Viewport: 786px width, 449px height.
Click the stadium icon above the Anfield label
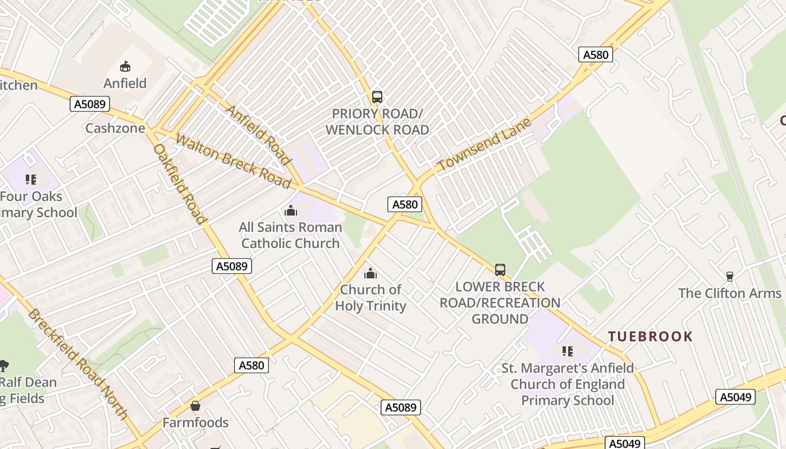(125, 66)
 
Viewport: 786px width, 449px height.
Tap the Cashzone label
(115, 128)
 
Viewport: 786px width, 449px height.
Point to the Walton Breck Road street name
(234, 161)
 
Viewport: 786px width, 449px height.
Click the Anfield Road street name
(259, 134)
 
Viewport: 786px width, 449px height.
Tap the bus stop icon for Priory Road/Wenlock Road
(377, 97)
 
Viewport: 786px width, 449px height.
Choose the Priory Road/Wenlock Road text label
(377, 122)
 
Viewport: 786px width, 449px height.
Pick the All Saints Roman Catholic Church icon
(291, 211)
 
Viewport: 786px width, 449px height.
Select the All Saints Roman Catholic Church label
(290, 235)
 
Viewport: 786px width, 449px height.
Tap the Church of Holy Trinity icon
(371, 274)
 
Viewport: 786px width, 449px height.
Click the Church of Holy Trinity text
(371, 298)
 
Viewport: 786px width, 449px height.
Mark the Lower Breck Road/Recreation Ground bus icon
(500, 270)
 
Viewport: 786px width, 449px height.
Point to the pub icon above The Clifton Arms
(730, 276)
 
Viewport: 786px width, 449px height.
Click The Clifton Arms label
(730, 293)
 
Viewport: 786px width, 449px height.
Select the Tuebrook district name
(651, 337)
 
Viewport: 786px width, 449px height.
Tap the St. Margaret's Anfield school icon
(568, 351)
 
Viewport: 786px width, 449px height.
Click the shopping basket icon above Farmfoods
(195, 406)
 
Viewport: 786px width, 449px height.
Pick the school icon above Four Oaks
(31, 180)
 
